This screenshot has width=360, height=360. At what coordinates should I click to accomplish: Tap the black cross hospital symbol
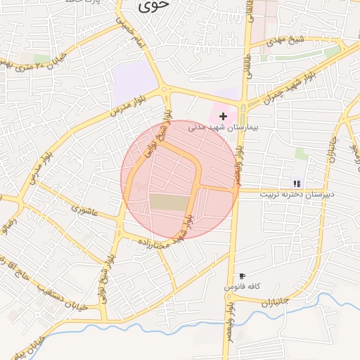224,115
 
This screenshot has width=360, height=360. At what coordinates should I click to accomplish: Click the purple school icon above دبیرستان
297,183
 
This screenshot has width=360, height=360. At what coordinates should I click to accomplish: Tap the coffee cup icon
242,276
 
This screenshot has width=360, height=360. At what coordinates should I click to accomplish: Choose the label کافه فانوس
243,288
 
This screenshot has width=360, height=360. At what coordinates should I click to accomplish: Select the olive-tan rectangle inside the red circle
169,202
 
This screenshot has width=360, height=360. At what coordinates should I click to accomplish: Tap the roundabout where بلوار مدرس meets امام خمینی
165,90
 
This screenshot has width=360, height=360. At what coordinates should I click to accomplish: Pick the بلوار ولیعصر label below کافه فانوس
230,329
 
